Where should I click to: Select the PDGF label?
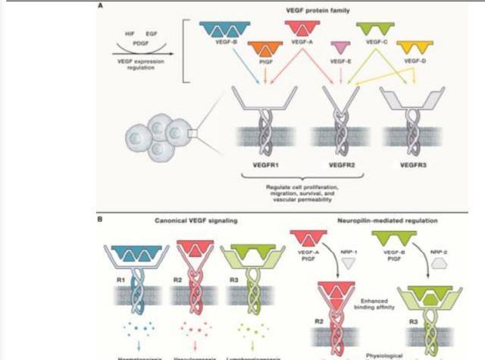coord(141,44)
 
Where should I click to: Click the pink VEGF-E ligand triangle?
coord(342,49)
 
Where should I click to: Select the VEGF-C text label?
coord(376,43)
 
